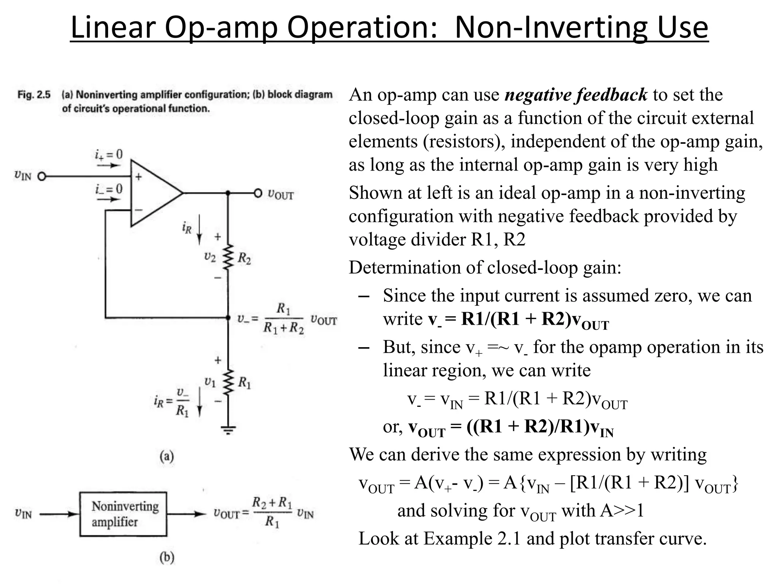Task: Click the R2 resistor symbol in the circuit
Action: coord(228,257)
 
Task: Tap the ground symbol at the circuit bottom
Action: coord(228,430)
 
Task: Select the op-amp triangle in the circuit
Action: coord(154,193)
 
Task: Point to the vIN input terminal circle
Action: coord(41,176)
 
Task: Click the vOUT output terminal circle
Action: coord(258,193)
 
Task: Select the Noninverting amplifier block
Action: coord(123,514)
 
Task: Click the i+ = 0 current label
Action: coord(109,154)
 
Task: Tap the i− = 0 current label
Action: coord(109,189)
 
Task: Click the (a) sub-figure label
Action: coord(167,456)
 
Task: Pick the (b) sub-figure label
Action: coord(167,557)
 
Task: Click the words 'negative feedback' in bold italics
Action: coord(576,95)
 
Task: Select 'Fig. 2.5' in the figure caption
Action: coord(34,95)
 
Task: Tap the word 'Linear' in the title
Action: coord(113,27)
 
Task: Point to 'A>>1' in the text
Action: coord(622,510)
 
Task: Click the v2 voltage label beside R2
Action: coord(210,257)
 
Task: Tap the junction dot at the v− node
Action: coord(228,317)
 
